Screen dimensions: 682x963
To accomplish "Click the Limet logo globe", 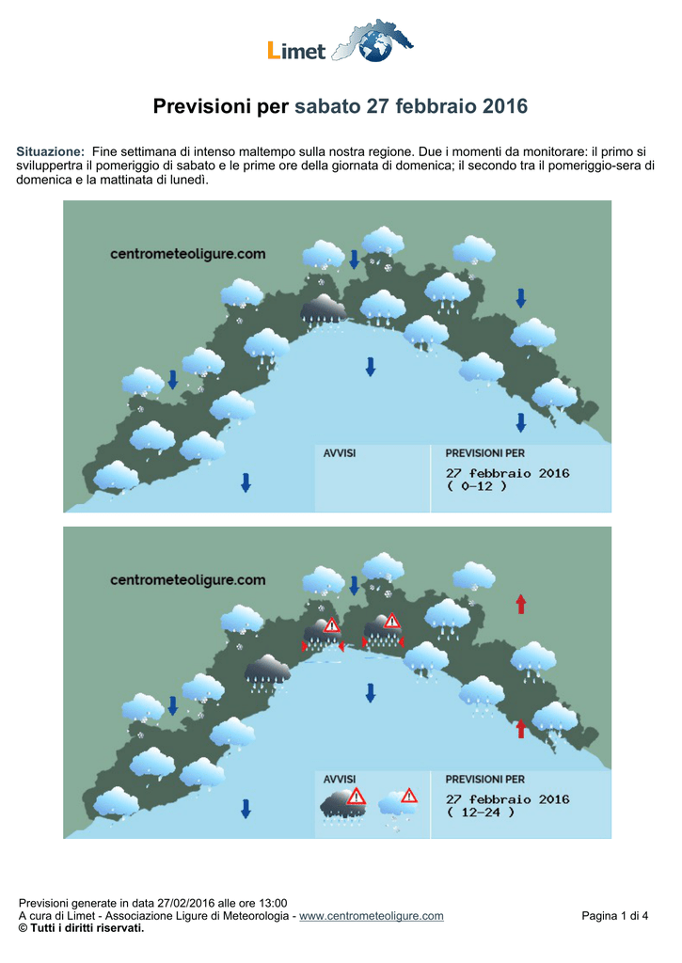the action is tap(374, 45).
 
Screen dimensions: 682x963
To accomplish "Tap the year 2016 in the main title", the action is tap(504, 106).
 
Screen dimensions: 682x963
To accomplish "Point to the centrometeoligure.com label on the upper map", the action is tap(188, 254).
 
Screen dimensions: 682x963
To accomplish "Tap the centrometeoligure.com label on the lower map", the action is tap(188, 579).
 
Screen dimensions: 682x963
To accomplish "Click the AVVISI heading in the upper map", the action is tap(340, 453).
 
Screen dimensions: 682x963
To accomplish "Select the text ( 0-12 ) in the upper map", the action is tap(477, 486).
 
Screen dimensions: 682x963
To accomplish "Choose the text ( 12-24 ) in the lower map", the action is tap(481, 812).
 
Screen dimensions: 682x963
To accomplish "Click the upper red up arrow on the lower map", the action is tap(521, 604).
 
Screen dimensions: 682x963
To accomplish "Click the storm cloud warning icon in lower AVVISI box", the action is tap(343, 806).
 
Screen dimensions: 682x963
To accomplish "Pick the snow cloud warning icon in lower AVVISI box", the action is tap(398, 809).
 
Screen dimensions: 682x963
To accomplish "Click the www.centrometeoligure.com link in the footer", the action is tap(372, 916).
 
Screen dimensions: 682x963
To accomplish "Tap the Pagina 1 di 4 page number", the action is tap(615, 916).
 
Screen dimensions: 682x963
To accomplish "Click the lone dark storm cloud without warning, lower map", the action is tap(267, 672).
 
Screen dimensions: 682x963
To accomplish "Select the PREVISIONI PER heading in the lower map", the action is tap(485, 780).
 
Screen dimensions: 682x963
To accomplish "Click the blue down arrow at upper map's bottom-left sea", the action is tap(246, 482).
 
